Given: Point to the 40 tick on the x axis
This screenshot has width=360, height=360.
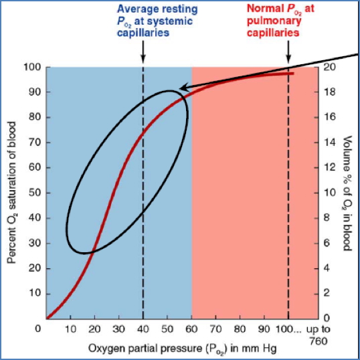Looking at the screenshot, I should click(143, 329).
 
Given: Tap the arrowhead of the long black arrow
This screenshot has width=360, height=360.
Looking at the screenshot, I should click(182, 88).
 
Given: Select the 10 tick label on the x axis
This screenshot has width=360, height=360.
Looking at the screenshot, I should click(70, 329).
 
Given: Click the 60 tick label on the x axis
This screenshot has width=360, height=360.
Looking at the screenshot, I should click(192, 329).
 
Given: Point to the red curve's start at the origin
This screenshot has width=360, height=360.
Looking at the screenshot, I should click(47, 318).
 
